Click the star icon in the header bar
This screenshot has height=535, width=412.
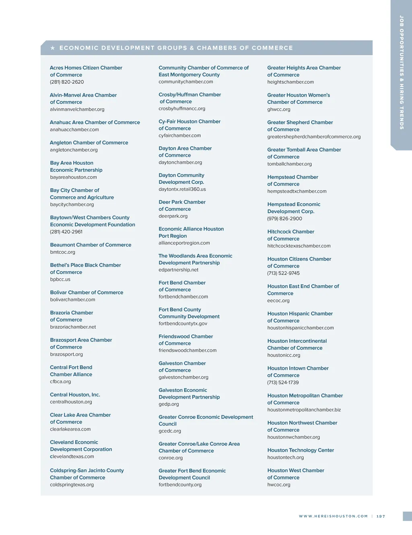pos(53,48)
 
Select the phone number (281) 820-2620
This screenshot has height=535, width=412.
pos(67,82)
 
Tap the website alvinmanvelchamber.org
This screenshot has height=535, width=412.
pos(77,109)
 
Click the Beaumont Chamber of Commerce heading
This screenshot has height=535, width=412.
pos(91,245)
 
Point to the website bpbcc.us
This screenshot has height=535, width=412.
pos(60,280)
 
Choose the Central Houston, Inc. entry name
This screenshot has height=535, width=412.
pos(75,395)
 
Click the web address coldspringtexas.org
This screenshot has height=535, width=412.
pos(72,485)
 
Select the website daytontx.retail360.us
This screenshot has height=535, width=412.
pos(182,189)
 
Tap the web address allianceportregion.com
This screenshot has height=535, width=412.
pos(184,243)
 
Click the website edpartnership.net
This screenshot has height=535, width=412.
pos(179,270)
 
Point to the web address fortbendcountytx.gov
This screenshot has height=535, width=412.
pos(183,324)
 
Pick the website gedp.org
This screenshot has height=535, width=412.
pos(169,404)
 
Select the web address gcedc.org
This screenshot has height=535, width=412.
pos(170,431)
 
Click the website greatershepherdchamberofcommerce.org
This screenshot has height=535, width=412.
pos(314,137)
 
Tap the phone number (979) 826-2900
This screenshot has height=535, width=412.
pos(284,219)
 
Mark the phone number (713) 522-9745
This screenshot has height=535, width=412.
pos(283,274)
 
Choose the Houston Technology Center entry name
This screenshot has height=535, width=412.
pos(301,451)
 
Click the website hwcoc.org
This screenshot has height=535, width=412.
pos(278,485)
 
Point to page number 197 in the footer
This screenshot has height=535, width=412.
pos(381,516)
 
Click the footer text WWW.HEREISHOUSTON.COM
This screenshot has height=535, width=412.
pos(333,516)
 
